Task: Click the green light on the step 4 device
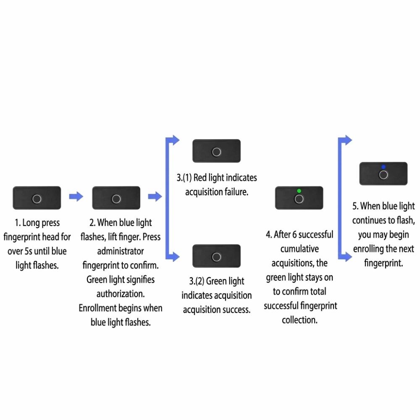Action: click(x=299, y=191)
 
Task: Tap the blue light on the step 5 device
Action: click(x=383, y=167)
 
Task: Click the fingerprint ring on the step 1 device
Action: click(x=37, y=199)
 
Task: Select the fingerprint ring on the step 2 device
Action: click(x=116, y=199)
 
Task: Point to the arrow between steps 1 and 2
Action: click(x=76, y=197)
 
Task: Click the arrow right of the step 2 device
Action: click(x=155, y=197)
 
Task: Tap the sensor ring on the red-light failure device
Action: click(x=216, y=152)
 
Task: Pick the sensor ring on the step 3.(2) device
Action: click(x=216, y=257)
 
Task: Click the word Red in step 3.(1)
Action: click(x=199, y=178)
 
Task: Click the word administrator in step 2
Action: click(x=121, y=251)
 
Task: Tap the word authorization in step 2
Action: click(x=121, y=294)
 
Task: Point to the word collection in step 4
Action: click(x=299, y=320)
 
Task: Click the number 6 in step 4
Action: click(x=294, y=235)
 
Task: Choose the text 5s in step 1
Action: click(x=29, y=251)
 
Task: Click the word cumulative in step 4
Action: click(x=299, y=249)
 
